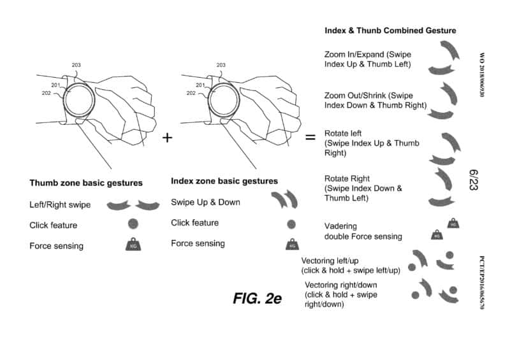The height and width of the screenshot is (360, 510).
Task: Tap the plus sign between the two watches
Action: coord(168,137)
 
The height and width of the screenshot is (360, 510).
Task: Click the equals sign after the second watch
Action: coord(310,137)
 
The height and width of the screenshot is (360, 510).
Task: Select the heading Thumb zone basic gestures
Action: coord(86,184)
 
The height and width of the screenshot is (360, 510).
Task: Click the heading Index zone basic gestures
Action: coord(227,181)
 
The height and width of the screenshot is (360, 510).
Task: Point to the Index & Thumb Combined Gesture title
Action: coord(390,30)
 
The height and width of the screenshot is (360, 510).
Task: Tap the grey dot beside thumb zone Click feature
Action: coord(133,224)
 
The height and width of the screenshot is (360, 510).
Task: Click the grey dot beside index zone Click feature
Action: coord(291,224)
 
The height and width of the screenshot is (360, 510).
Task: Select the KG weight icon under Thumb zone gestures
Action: coord(133,245)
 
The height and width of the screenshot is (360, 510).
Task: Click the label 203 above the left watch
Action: coord(76,65)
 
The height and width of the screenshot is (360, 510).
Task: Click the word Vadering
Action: coord(340,226)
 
